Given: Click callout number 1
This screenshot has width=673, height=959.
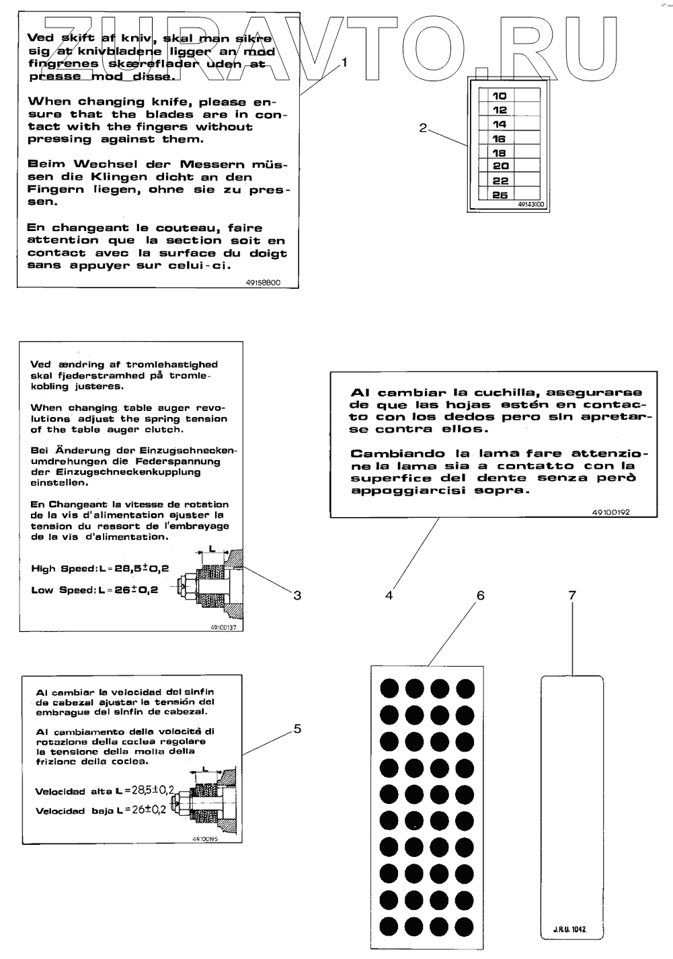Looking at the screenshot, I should (345, 62).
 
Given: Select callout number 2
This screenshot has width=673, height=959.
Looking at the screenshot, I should (423, 128).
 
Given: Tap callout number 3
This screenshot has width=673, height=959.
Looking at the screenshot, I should (296, 594).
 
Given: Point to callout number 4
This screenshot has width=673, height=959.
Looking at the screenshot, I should (389, 594).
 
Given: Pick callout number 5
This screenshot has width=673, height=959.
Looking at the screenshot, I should (297, 729).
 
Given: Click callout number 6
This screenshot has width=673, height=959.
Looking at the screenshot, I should (480, 595).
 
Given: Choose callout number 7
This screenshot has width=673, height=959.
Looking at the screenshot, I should (572, 595).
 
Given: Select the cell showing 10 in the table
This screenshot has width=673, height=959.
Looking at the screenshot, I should (500, 96).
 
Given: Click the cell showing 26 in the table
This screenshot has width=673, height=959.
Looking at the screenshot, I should (500, 195).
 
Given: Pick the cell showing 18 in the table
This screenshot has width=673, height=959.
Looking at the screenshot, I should (500, 152).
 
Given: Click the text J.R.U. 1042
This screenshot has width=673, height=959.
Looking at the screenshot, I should (571, 930).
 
